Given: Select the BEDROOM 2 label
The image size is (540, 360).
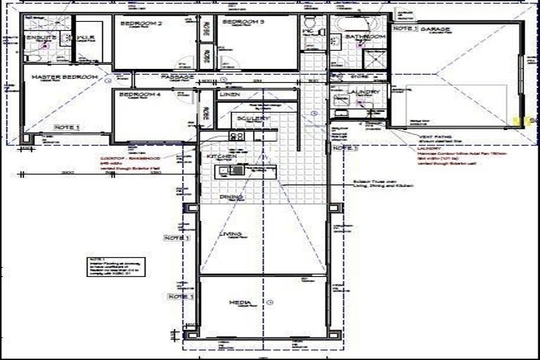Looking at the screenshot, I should click(141, 24).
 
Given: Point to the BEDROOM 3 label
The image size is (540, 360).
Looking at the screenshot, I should click(243, 23).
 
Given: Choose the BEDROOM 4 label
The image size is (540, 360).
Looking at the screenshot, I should click(141, 94).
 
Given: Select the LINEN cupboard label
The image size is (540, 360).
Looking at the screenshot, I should click(230, 94).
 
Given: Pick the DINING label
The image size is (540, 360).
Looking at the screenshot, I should click(231, 198).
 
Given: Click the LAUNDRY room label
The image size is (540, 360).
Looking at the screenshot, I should click(364, 92).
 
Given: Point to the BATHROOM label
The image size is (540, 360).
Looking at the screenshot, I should click(368, 36).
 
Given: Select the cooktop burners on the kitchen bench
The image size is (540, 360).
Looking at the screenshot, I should click(236, 136).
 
